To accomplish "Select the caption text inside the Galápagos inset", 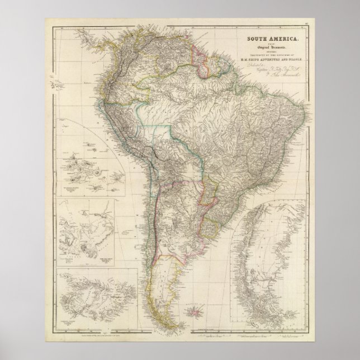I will coord(75,188).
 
